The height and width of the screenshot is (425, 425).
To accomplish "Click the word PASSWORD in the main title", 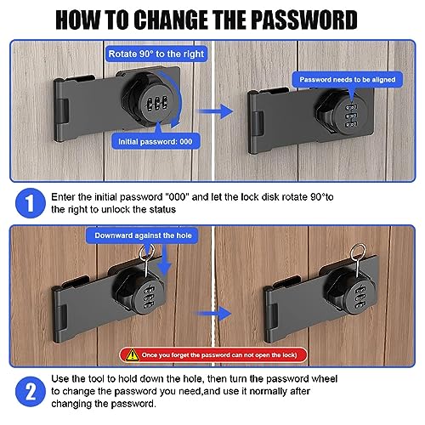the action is point(303,20).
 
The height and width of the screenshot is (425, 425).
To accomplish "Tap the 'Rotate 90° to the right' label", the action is point(156,54).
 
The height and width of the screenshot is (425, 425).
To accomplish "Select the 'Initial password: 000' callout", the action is point(156,141).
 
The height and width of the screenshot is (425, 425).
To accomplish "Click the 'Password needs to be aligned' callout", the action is point(348,80).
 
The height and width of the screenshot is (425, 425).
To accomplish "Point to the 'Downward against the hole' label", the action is point(143,235).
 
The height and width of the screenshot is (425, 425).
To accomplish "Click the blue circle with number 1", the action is point(31,203).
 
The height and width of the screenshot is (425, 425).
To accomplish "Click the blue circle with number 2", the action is point(31,392).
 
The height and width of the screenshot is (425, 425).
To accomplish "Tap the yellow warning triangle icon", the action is point(132,355).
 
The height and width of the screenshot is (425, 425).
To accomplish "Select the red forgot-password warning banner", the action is point(213,355).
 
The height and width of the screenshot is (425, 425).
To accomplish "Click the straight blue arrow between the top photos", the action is point(215,111).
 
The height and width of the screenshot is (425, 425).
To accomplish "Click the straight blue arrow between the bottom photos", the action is point(212,314).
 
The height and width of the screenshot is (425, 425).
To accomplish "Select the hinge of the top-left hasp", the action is point(62,110).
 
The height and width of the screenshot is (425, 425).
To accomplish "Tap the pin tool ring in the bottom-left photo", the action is point(146,253).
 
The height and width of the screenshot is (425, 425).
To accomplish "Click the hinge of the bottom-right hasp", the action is point(271,315).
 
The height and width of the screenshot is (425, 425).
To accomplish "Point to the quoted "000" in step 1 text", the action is point(177,196).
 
